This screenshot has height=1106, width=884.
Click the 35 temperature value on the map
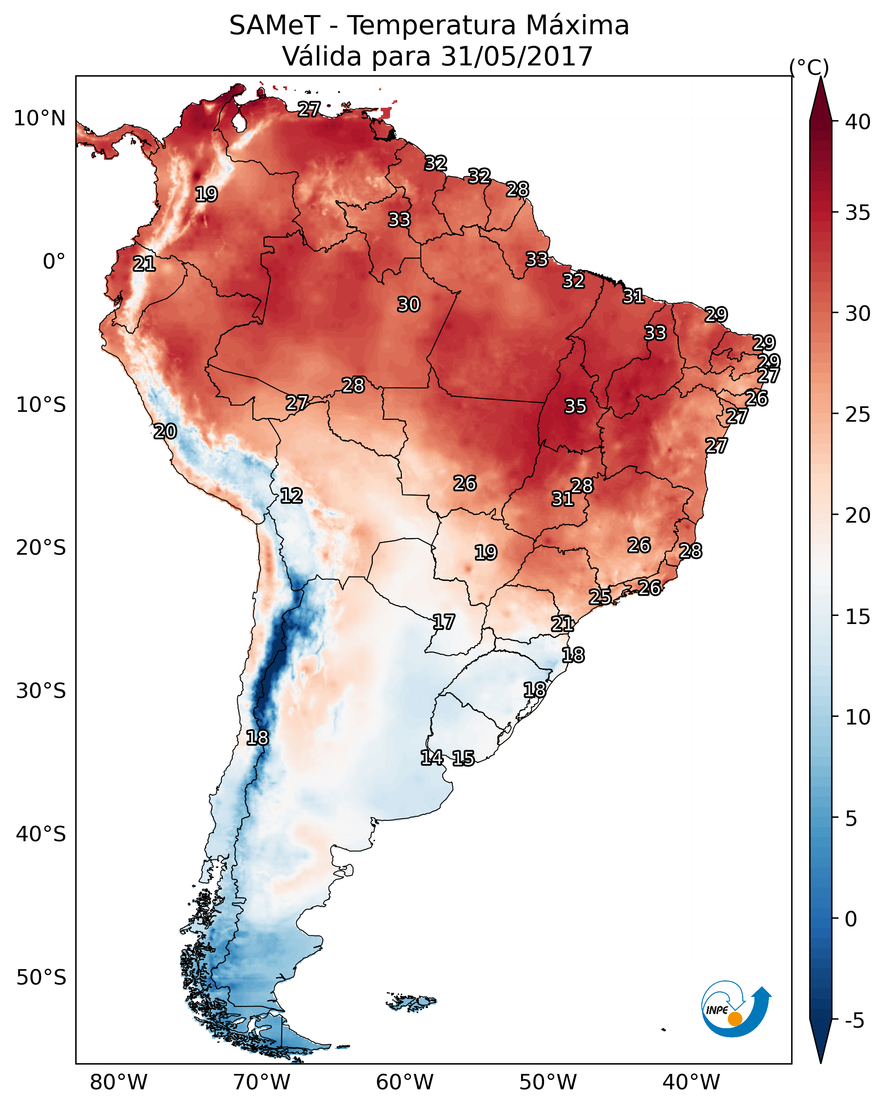coord(575,406)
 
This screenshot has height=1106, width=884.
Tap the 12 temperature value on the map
coord(291,496)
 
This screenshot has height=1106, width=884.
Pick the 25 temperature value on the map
coord(600,597)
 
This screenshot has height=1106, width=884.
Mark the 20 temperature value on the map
coord(165,432)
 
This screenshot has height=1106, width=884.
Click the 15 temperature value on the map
coord(463,758)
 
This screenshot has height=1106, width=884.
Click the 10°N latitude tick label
coord(39,118)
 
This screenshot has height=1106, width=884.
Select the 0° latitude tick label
coord(54,262)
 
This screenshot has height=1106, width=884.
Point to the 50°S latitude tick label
coord(41,978)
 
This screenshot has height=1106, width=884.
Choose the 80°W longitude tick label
coord(118,1082)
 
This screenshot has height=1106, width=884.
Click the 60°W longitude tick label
coord(405,1082)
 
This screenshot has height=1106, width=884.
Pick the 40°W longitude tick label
coord(691,1082)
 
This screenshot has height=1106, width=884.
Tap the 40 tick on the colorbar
coord(858,122)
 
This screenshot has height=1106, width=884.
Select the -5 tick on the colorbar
coord(854,1021)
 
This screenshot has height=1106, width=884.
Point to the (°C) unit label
coord(809,67)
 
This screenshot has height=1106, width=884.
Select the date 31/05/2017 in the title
coord(517,56)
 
